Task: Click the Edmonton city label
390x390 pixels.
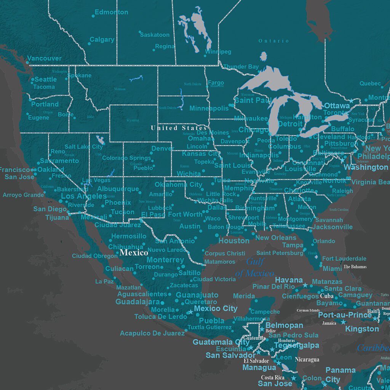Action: pos(111,12)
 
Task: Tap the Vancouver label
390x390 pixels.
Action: pos(44,59)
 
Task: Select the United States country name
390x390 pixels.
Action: pos(179,128)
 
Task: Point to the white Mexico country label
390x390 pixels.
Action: pos(134,253)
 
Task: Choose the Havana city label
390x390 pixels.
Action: pos(289,280)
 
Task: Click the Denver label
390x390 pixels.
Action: pos(163,148)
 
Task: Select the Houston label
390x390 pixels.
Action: pos(234,241)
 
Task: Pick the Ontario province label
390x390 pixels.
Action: pos(274,41)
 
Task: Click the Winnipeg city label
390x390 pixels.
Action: pos(218,51)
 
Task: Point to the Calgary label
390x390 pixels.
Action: pos(102,40)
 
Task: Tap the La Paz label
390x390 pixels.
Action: pos(104,281)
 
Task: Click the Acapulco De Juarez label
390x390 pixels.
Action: pos(152,333)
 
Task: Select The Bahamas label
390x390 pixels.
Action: pos(355,267)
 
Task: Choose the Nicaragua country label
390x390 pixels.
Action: pos(307,359)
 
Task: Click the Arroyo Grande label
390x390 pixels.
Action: pos(23,195)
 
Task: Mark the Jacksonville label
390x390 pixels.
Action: pos(332,227)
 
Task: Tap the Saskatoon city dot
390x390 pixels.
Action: pos(140,32)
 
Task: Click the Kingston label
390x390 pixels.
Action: pos(362,329)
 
